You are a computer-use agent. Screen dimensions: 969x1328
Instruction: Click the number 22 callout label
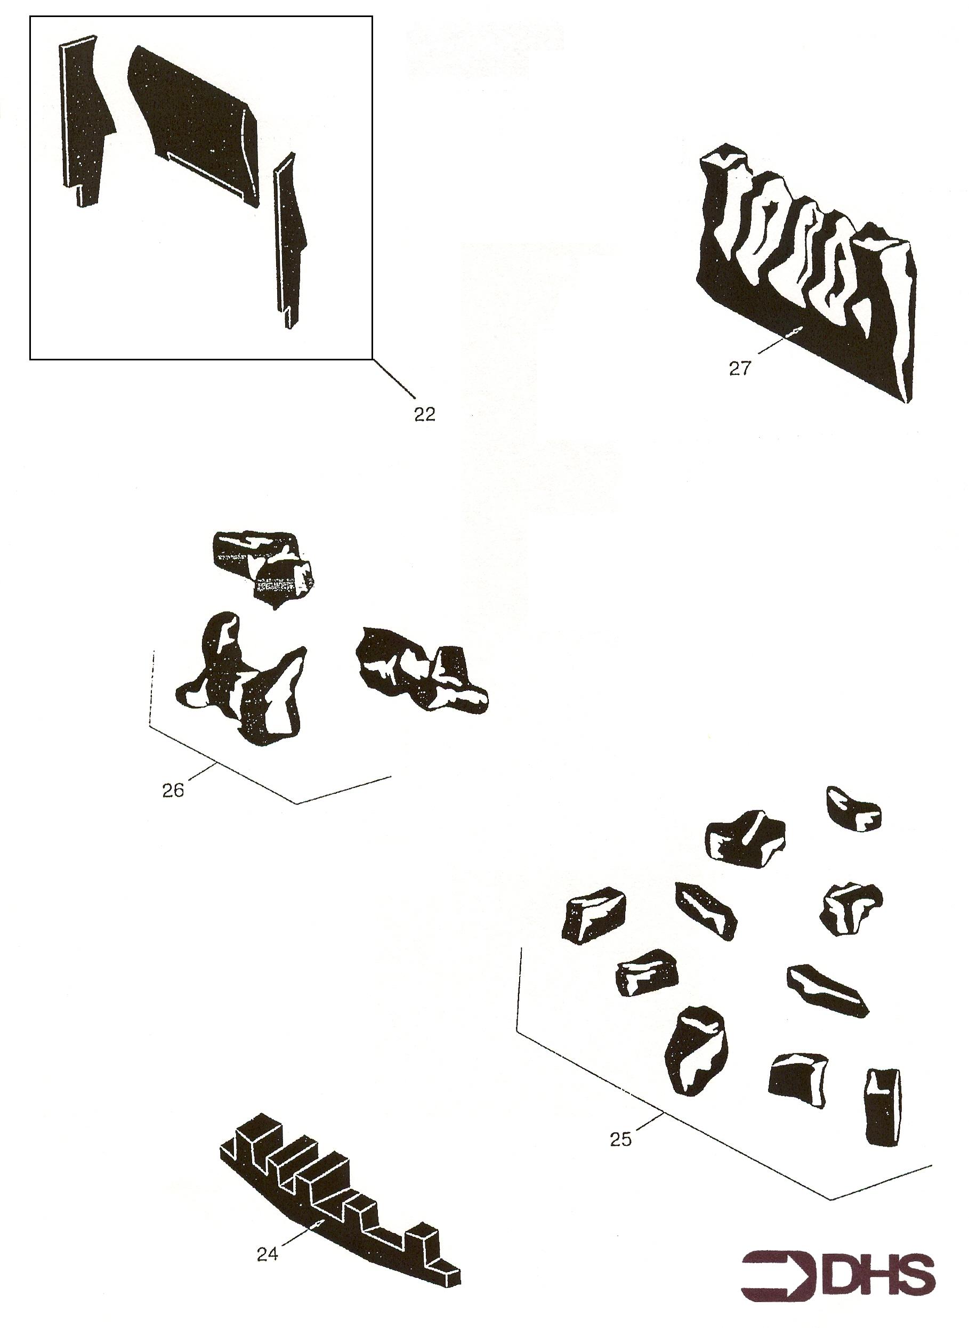(425, 414)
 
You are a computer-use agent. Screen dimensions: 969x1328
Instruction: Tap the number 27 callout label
(740, 369)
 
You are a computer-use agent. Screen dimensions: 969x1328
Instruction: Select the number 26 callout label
(173, 790)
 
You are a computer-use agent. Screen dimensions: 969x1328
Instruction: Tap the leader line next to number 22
(393, 379)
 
